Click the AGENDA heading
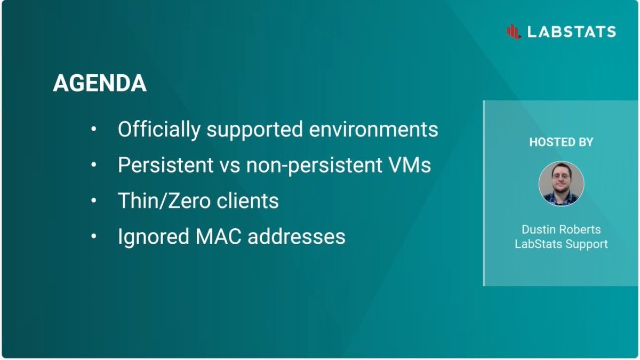pyautogui.click(x=100, y=83)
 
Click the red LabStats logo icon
pyautogui.click(x=514, y=31)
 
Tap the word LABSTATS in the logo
pyautogui.click(x=572, y=31)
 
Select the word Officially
pyautogui.click(x=159, y=130)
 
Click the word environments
pyautogui.click(x=373, y=130)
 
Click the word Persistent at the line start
pyautogui.click(x=166, y=165)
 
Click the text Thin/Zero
pyautogui.click(x=164, y=201)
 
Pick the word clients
pyautogui.click(x=247, y=201)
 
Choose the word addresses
pyautogui.click(x=297, y=237)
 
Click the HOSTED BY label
pyautogui.click(x=561, y=142)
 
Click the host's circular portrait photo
pyautogui.click(x=561, y=183)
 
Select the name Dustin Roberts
pyautogui.click(x=561, y=229)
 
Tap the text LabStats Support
pyautogui.click(x=561, y=244)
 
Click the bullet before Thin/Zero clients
pyautogui.click(x=94, y=201)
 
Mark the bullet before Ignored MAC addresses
pyautogui.click(x=94, y=236)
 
